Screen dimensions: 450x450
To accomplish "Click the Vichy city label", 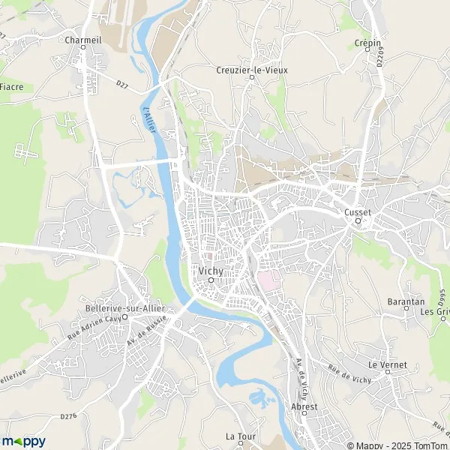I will point(211,271).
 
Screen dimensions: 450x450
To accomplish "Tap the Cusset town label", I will point(358,212).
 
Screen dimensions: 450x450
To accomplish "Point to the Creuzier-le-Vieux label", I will point(253,70).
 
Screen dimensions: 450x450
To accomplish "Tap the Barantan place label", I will point(405,298).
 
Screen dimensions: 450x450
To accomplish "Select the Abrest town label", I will point(304,406).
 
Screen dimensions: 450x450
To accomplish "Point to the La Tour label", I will point(241,436).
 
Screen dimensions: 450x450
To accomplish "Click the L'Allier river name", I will point(151,121).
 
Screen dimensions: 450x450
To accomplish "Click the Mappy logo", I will point(23,442).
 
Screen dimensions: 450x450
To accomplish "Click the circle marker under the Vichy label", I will point(211,280).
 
